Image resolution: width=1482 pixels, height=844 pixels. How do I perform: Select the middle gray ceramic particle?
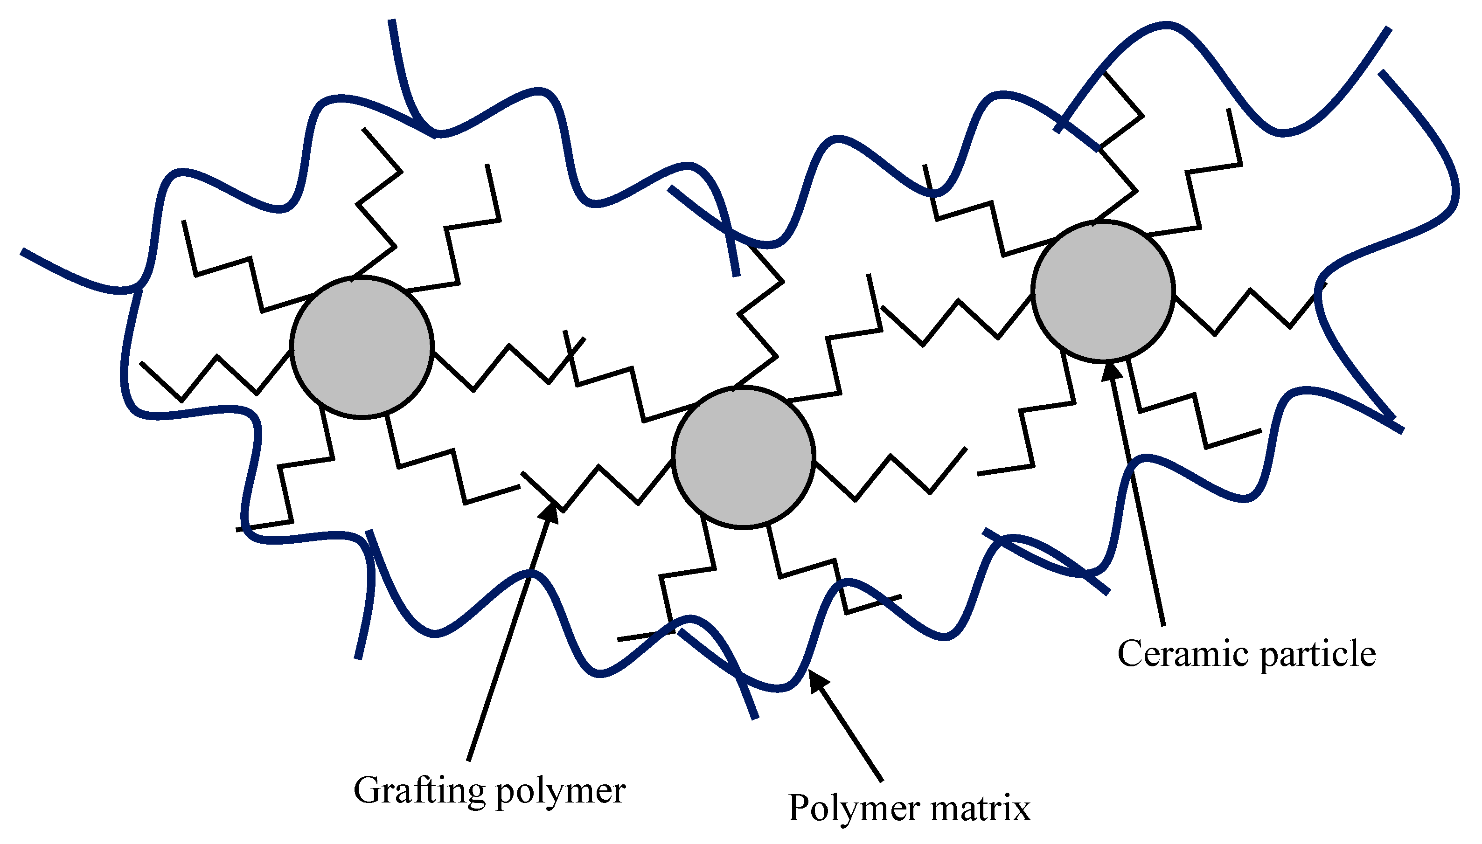(x=743, y=457)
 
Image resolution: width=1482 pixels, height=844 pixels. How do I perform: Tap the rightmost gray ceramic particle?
(x=1103, y=291)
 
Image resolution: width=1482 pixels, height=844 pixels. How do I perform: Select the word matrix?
(x=981, y=808)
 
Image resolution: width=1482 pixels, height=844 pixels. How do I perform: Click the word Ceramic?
(x=1183, y=653)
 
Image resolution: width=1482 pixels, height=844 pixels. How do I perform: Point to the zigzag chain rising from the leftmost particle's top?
(x=377, y=203)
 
